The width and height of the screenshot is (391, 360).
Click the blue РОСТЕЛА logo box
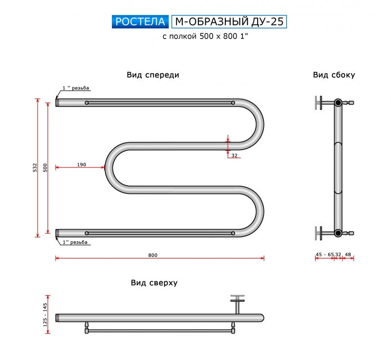coord(140,21)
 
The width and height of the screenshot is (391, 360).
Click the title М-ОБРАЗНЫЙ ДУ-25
coord(229,21)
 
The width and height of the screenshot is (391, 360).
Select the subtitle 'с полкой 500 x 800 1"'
coord(205,36)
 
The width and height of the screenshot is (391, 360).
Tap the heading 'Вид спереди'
coord(153,75)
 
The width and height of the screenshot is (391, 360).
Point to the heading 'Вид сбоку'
coord(334,75)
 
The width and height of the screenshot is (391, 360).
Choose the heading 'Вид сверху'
coord(154,283)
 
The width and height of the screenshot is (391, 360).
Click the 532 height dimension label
coord(35,168)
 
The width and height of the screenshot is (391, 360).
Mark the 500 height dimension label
coord(45,168)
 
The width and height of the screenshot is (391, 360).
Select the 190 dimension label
coord(82,165)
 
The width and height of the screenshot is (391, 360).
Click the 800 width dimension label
coord(152,255)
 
